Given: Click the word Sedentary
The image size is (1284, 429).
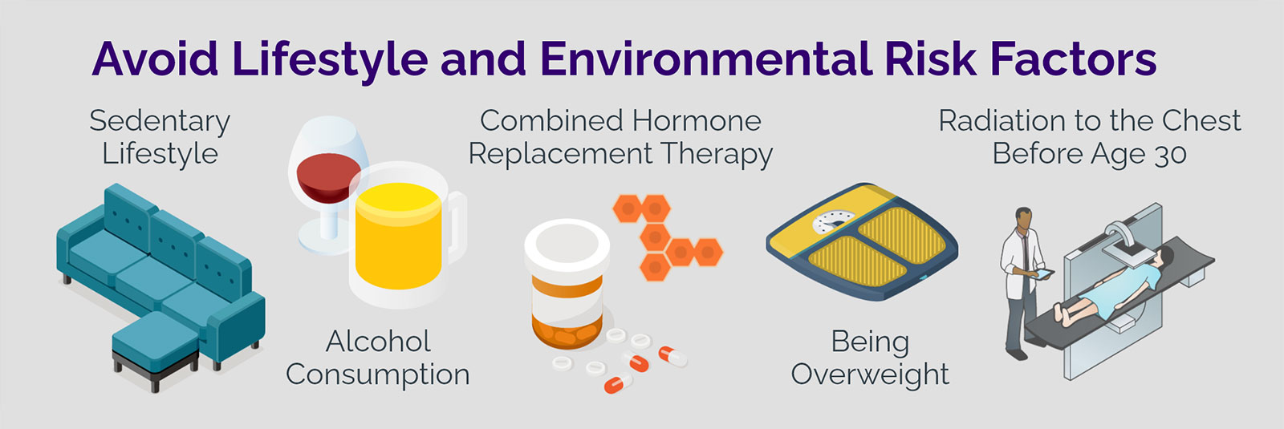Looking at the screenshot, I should pos(160,122).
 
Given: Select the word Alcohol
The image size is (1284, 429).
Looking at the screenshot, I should pos(378,342).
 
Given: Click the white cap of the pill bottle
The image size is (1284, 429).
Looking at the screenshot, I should pos(567,245).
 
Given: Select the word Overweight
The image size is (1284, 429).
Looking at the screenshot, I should pos(870,374).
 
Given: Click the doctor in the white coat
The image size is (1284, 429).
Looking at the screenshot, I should pos(1021,281).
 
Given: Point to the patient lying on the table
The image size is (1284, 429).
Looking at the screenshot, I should pos(1115,289).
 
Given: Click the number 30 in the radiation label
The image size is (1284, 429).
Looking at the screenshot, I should pos(1170,154).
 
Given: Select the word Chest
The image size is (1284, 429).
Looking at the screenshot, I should pos(1201,121).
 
